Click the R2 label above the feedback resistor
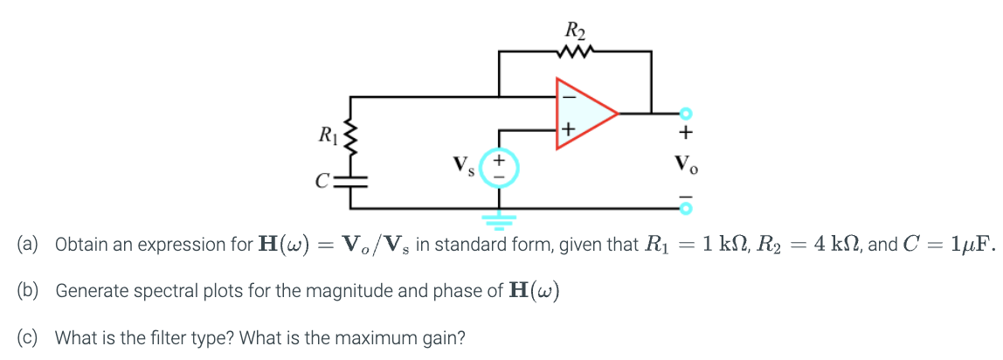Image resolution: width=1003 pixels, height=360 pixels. (x=576, y=31)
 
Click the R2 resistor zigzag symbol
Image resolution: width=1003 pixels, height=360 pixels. (x=576, y=52)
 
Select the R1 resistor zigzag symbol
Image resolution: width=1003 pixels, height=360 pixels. (x=351, y=136)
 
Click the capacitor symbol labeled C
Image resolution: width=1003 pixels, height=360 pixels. (x=351, y=182)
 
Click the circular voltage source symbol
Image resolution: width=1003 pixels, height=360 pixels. (x=500, y=168)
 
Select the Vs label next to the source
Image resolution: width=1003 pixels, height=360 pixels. (x=463, y=165)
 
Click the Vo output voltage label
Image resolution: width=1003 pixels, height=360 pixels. (x=686, y=163)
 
